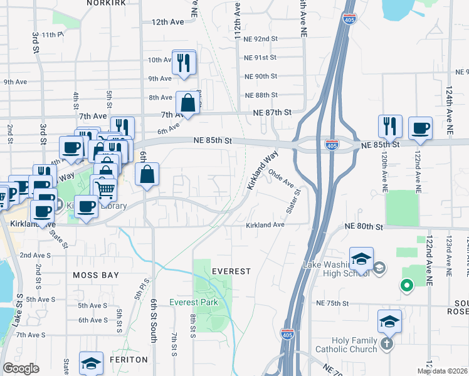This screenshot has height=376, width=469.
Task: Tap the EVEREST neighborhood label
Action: (231, 271)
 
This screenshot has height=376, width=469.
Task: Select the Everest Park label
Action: (194, 302)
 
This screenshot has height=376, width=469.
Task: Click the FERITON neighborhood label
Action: (130, 360)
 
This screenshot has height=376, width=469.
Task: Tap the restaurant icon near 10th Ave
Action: (184, 62)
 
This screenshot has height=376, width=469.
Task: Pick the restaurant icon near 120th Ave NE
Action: (389, 126)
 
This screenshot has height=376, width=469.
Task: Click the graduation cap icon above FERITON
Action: (91, 362)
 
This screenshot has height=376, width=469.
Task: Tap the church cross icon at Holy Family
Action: (387, 343)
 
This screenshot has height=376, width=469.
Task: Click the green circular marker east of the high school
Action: (406, 286)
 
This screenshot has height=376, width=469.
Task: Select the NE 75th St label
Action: (337, 303)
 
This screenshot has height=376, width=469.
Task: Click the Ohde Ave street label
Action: (281, 178)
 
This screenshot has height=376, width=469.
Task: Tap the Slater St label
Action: (294, 201)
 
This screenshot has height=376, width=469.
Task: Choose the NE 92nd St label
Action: (260, 38)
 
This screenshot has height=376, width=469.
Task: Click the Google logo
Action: (21, 368)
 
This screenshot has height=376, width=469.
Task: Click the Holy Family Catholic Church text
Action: (346, 345)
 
